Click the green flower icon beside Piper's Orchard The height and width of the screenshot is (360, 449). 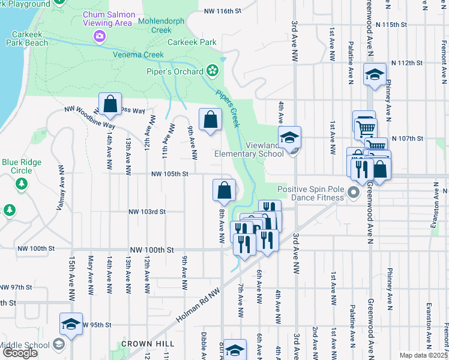pyautogui.click(x=212, y=71)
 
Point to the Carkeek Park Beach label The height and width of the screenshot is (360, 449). pyautogui.click(x=27, y=38)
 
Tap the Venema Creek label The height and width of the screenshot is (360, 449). pyautogui.click(x=138, y=55)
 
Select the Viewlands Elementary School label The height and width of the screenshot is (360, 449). pyautogui.click(x=249, y=149)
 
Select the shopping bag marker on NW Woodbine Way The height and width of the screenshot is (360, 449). pyautogui.click(x=110, y=104)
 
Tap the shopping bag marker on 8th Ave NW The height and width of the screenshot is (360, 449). pyautogui.click(x=223, y=190)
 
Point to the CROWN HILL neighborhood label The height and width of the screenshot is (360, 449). pyautogui.click(x=147, y=344)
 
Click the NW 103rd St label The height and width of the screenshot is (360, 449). pyautogui.click(x=146, y=212)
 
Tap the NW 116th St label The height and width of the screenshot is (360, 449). pyautogui.click(x=222, y=11)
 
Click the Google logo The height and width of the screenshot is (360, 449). pyautogui.click(x=20, y=353)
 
